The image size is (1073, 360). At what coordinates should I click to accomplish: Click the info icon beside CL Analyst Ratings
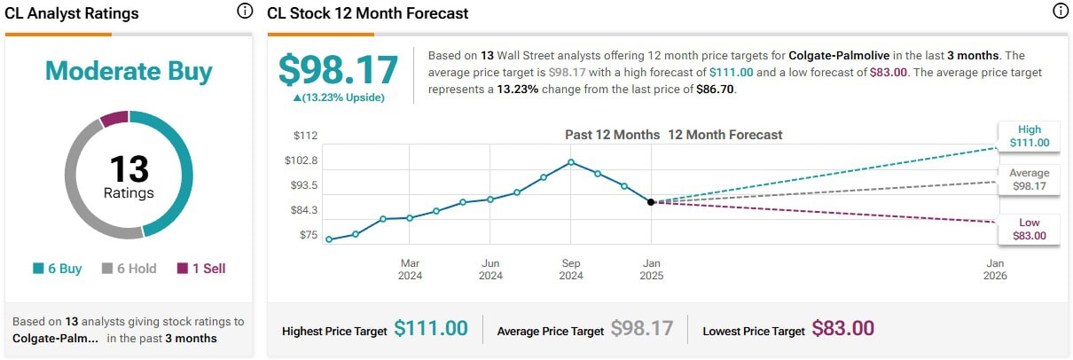click(x=245, y=12)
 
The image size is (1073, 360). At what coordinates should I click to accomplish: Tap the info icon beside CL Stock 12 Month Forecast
click(x=1060, y=12)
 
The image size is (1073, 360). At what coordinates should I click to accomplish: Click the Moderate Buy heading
click(x=129, y=71)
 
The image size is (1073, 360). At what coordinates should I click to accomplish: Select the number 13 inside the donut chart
click(x=129, y=168)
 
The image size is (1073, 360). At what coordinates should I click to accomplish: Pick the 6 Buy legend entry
click(x=58, y=269)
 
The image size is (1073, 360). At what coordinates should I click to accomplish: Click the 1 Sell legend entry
click(x=201, y=269)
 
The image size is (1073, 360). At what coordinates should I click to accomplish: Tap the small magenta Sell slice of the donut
click(x=114, y=119)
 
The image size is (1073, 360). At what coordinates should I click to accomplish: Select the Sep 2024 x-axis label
click(x=571, y=270)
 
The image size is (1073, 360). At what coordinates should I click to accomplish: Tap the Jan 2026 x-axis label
click(x=995, y=270)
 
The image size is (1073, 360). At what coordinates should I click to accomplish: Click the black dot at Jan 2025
click(x=652, y=202)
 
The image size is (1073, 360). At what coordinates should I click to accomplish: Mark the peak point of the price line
click(x=571, y=162)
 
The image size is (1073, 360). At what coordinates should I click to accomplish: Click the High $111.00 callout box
click(x=1029, y=136)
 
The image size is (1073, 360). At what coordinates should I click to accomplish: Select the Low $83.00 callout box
click(x=1029, y=230)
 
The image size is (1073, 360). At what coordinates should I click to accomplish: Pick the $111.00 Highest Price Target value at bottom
click(x=431, y=329)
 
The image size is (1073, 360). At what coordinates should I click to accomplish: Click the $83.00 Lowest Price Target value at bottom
click(x=842, y=329)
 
